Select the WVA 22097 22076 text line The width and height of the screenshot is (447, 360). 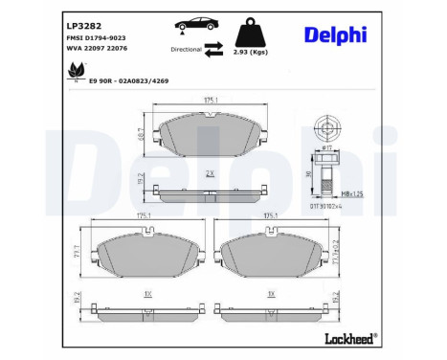tap(96, 50)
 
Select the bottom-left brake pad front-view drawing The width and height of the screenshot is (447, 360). tap(146, 253)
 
